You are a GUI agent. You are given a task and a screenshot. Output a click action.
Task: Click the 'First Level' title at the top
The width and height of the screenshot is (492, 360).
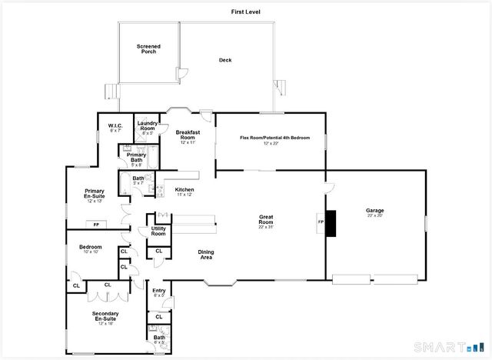coord(246,12)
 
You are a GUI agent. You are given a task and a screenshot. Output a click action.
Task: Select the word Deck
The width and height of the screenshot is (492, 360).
coord(225,60)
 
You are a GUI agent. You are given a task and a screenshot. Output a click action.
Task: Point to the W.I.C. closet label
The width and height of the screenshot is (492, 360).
coord(115,126)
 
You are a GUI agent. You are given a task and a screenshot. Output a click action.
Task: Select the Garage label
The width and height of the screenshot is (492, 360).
coord(374,210)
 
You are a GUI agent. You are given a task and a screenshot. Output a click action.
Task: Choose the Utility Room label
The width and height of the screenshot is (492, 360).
coord(158,231)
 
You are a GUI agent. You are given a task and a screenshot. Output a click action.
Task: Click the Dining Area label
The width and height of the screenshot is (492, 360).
coord(206,254)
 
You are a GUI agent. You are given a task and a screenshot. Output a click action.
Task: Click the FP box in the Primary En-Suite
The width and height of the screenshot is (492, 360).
coord(96,225)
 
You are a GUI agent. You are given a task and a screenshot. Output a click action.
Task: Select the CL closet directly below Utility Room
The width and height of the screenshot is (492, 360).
coord(159,251)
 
